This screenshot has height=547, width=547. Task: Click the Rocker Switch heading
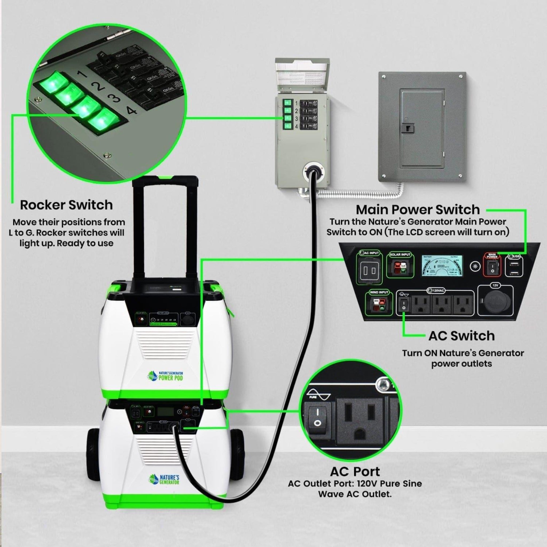66,205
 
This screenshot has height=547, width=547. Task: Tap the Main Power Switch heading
418,210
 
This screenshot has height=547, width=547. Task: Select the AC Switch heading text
461,336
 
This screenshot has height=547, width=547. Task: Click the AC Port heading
355,472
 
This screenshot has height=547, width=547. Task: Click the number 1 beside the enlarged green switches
82,75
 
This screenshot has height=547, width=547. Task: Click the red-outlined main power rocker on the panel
492,267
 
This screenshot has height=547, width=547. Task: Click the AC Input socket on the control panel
369,271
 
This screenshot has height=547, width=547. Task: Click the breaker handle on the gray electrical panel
408,128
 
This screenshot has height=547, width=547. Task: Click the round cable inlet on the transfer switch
312,171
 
